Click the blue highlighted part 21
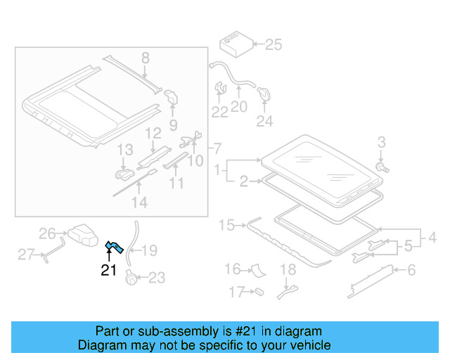click(x=115, y=247)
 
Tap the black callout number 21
click(x=109, y=270)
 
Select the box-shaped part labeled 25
click(x=236, y=44)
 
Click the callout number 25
click(x=274, y=45)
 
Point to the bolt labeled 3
click(x=382, y=167)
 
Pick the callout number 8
click(x=146, y=58)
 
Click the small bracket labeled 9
click(x=171, y=97)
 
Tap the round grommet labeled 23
click(x=131, y=277)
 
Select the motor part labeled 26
click(x=83, y=235)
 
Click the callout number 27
click(x=26, y=255)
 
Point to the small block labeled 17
click(x=259, y=292)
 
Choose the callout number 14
click(x=140, y=202)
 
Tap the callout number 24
click(x=264, y=121)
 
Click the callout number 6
click(x=411, y=270)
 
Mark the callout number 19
click(x=149, y=250)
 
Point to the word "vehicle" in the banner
click(x=314, y=345)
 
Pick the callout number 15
click(x=226, y=226)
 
